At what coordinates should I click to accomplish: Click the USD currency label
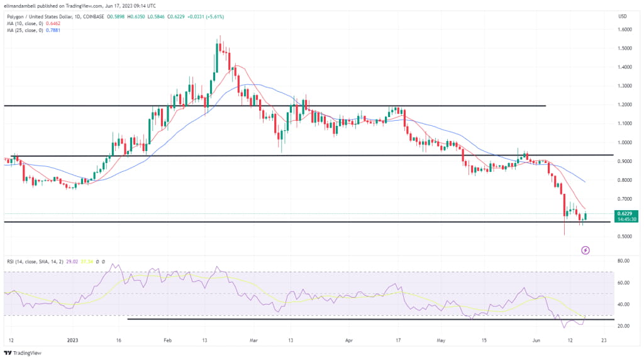[x=623, y=16]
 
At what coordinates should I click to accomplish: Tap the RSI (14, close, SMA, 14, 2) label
[x=34, y=260]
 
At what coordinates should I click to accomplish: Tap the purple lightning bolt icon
[x=586, y=250]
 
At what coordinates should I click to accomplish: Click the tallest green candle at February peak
[x=217, y=57]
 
